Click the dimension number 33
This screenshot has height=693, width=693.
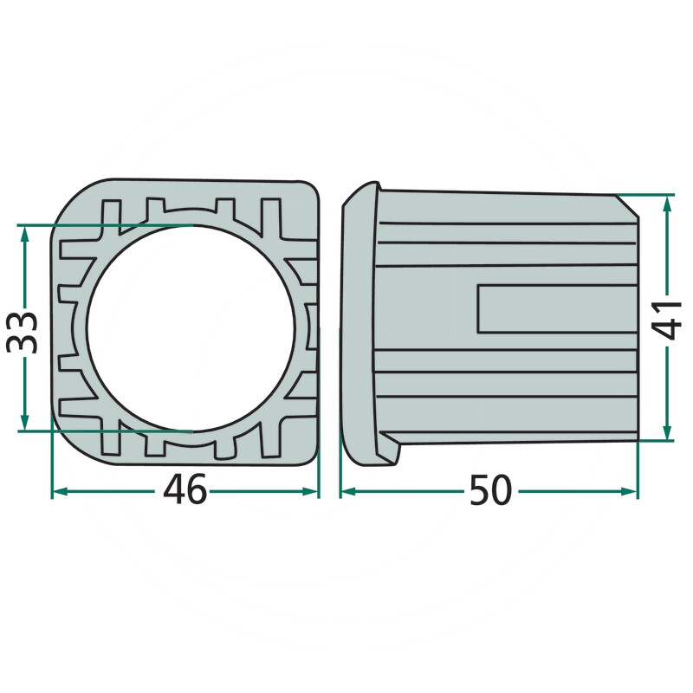21,333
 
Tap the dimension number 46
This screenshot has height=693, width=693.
185,489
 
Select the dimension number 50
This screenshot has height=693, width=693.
490,489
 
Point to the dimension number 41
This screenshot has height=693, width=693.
667,320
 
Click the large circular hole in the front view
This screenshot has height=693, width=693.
191,328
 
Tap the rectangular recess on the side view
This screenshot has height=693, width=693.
557,308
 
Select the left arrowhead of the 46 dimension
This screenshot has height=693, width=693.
61,491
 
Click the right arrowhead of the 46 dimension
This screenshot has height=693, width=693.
310,491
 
